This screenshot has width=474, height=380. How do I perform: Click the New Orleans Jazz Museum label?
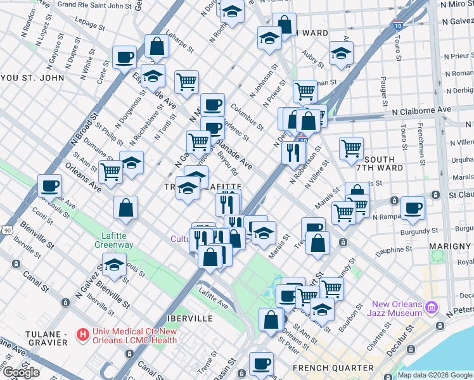pos(397,308)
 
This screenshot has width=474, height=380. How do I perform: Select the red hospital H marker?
pos(82,333)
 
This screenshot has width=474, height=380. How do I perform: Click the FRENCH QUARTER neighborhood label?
pos(333,368)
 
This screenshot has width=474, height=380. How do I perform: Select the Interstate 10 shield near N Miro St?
pos(397,27)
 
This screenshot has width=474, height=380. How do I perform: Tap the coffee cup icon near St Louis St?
pos(49,186)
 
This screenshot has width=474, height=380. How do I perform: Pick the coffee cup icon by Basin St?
pos(260,364)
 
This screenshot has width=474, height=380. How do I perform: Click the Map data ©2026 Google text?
pos(435,375)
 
